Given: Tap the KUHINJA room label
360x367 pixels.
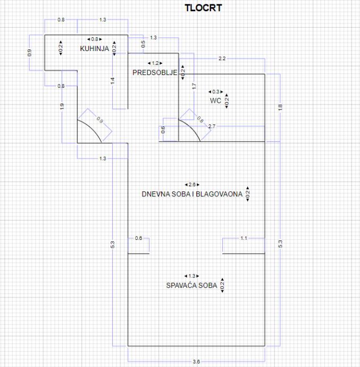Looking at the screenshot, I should (95, 48).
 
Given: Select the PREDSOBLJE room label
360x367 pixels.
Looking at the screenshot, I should (155, 72).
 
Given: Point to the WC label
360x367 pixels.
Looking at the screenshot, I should (215, 100).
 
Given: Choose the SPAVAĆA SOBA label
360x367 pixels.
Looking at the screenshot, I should (191, 285).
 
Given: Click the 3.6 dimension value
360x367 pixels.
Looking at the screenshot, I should (196, 362).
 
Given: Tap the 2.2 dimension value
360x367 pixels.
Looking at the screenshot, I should (222, 59).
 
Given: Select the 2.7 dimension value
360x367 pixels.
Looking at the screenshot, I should (212, 126).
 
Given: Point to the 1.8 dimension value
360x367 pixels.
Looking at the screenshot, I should (280, 107).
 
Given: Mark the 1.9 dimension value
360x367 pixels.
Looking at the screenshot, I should (62, 106).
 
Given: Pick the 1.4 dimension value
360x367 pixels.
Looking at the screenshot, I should (112, 81).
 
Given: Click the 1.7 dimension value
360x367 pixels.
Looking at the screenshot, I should (194, 85).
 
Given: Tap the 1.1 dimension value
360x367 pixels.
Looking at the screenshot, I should (244, 238).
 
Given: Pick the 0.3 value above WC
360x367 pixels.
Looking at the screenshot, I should (215, 91).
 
